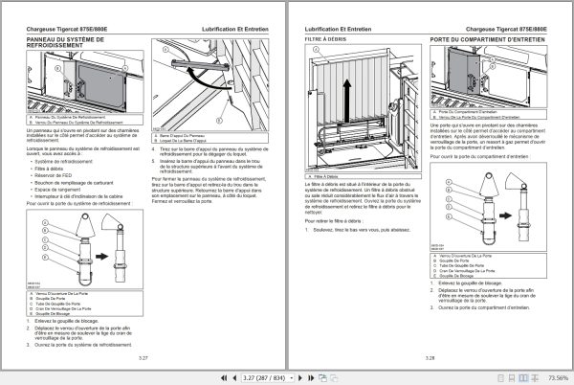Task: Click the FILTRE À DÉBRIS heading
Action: (x=324, y=39)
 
